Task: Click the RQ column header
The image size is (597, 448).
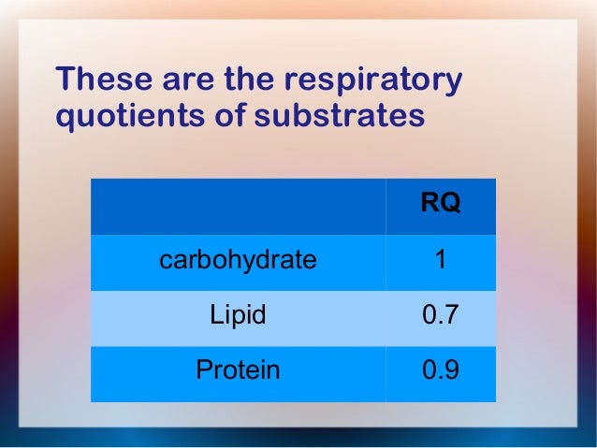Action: coord(440,204)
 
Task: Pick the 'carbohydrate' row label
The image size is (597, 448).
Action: coord(238,260)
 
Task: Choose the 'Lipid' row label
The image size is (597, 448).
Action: coord(238,315)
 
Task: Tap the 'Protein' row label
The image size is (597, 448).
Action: coord(238,370)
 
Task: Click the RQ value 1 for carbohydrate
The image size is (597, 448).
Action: coord(440,260)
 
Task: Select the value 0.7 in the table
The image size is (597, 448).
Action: coord(440,315)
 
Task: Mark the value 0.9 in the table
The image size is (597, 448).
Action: coord(440,370)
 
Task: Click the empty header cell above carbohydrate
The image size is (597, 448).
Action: coord(238,206)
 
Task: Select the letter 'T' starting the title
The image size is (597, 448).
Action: coord(66,80)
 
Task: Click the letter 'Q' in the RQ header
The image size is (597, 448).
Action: coord(449,204)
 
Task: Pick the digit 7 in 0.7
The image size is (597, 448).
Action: coord(451,315)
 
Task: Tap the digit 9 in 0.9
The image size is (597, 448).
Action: coord(451,370)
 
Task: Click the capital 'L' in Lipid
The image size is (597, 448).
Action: coord(215,315)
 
